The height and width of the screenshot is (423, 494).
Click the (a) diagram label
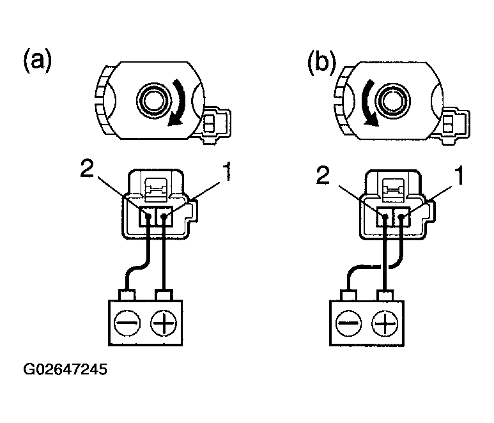pyautogui.click(x=37, y=61)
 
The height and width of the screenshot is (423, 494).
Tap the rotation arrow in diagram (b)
pyautogui.click(x=367, y=103)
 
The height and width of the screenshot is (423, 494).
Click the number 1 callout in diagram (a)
pyautogui.click(x=227, y=172)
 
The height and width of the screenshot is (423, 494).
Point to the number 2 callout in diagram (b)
pyautogui.click(x=322, y=175)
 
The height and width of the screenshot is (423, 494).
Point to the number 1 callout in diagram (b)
pyautogui.click(x=459, y=176)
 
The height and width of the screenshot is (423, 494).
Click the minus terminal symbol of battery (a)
pyautogui.click(x=127, y=323)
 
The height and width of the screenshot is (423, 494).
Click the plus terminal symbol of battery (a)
pyautogui.click(x=164, y=323)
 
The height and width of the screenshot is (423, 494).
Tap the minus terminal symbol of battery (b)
pyautogui.click(x=348, y=323)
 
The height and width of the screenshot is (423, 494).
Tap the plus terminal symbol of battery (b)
pyautogui.click(x=385, y=323)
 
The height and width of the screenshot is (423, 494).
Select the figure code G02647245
pyautogui.click(x=65, y=369)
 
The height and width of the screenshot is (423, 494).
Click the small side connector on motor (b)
pyautogui.click(x=452, y=126)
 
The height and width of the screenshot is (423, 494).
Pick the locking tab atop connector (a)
pyautogui.click(x=156, y=189)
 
